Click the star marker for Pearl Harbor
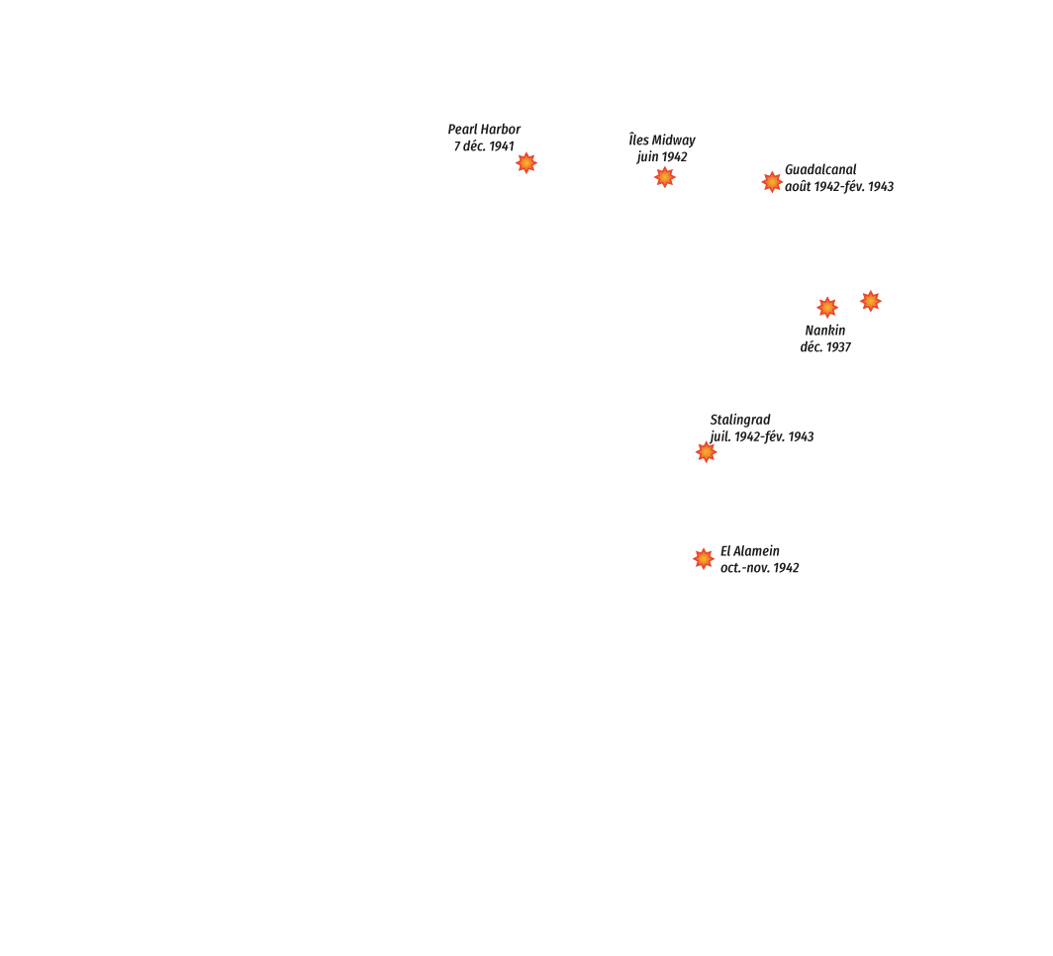pyautogui.click(x=526, y=162)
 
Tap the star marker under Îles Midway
pyautogui.click(x=665, y=177)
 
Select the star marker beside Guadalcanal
pyautogui.click(x=772, y=182)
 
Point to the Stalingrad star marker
pyautogui.click(x=707, y=452)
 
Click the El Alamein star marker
pyautogui.click(x=704, y=558)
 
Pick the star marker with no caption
pyautogui.click(x=871, y=301)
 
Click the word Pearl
pyautogui.click(x=462, y=130)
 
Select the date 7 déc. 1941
pyautogui.click(x=484, y=146)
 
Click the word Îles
pyautogui.click(x=639, y=141)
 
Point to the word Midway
pyautogui.click(x=674, y=141)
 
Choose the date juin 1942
pyautogui.click(x=662, y=157)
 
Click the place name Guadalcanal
pyautogui.click(x=820, y=170)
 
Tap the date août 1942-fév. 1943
pyautogui.click(x=839, y=187)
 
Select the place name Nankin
pyautogui.click(x=825, y=331)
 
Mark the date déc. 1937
pyautogui.click(x=825, y=347)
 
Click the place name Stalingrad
pyautogui.click(x=740, y=421)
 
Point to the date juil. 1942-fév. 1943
pyautogui.click(x=762, y=437)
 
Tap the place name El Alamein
pyautogui.click(x=750, y=551)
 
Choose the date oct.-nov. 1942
pyautogui.click(x=759, y=568)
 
